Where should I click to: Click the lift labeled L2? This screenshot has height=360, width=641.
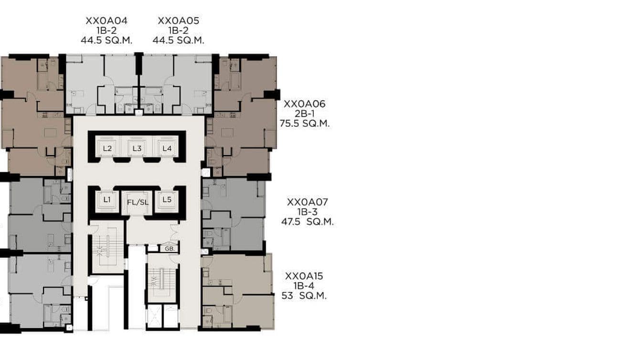point(107,148)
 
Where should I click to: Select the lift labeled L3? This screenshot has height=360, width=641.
point(137,148)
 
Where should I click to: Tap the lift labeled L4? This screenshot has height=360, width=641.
point(167,148)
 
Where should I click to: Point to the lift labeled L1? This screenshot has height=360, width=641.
point(107,200)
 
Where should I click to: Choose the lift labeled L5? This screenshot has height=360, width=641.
point(167,200)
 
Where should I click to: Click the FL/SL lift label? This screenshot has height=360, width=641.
point(138,202)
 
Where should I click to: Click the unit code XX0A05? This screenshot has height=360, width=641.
point(178,21)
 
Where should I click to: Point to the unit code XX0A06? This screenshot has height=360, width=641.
point(304,104)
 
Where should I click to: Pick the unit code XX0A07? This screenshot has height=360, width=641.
point(307,202)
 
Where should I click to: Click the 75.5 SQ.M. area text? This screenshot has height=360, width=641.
point(305,124)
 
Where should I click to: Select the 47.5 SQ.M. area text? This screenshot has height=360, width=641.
point(307,222)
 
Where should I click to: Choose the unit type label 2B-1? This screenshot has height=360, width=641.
point(304,114)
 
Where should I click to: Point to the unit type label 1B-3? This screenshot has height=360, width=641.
point(307,212)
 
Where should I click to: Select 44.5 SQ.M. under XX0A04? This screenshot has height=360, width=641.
point(106,41)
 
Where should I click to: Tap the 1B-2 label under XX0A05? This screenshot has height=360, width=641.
point(178,31)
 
